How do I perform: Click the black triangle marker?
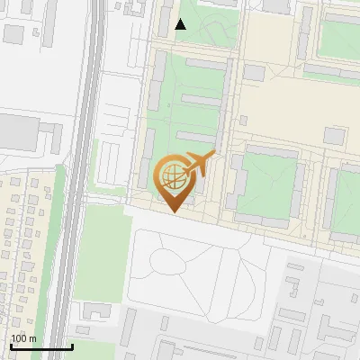(x=181, y=24)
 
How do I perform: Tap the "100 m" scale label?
(x=24, y=338)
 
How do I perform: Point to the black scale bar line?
(x=41, y=346)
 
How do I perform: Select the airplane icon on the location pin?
(x=200, y=165)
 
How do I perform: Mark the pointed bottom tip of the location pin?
(x=173, y=212)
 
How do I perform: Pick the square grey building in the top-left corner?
(x=13, y=34)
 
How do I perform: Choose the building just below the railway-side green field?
(x=96, y=310)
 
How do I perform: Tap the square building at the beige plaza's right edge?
(x=334, y=136)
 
